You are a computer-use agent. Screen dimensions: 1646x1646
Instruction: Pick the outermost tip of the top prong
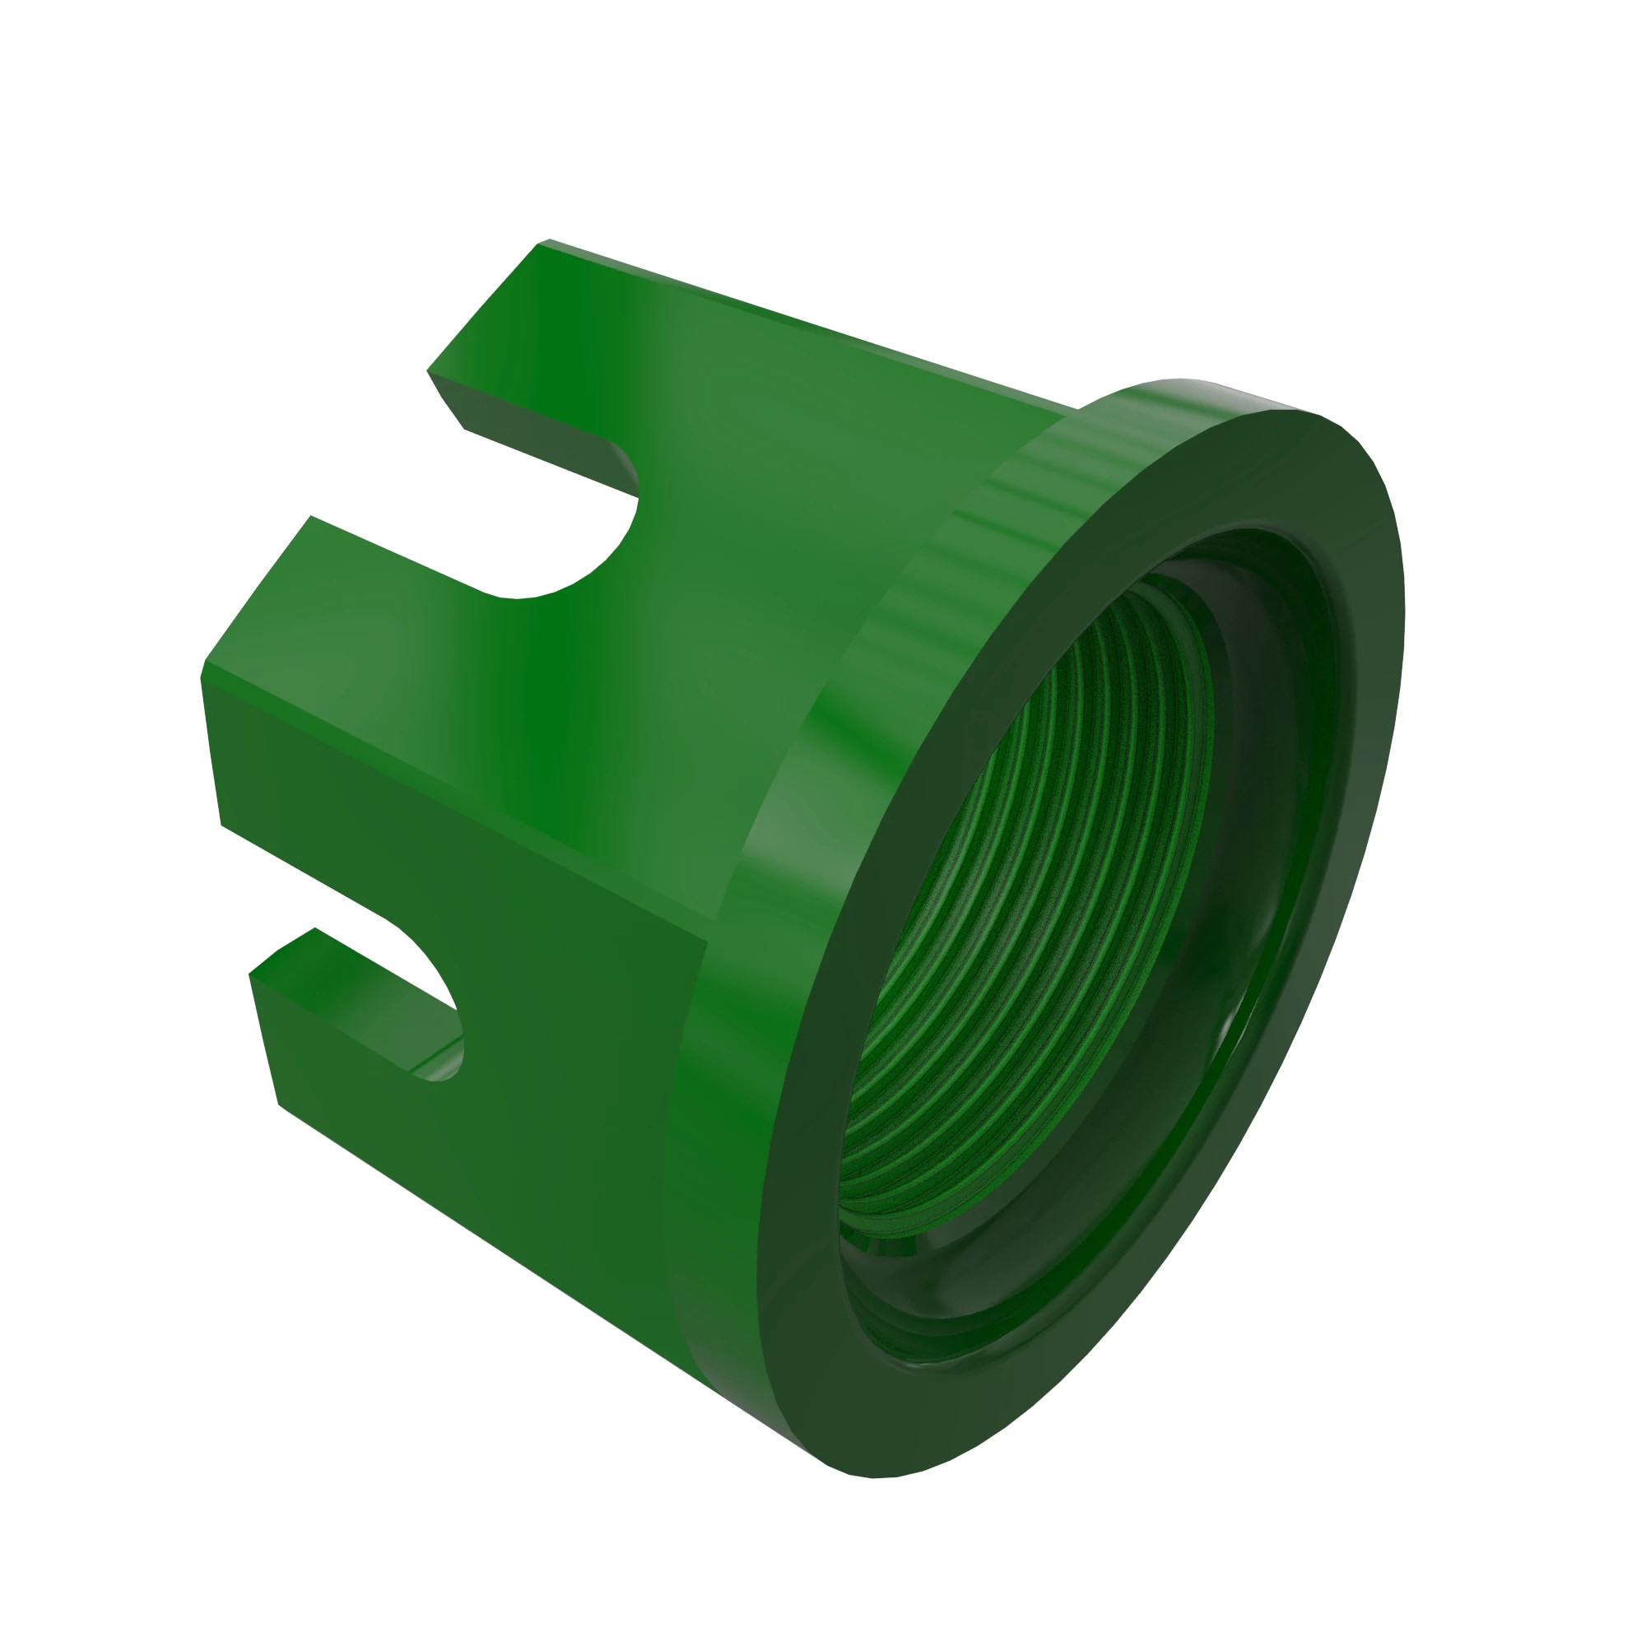coord(542,244)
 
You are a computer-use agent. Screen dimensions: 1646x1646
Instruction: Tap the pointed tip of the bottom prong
coord(252,974)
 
